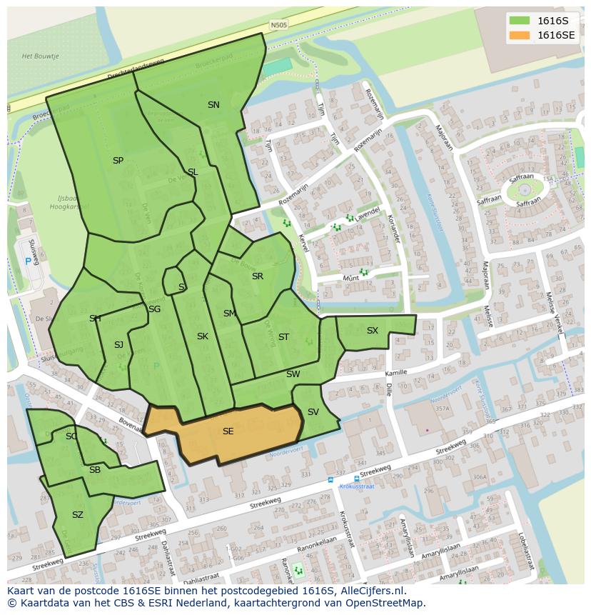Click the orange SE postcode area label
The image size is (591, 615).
point(228,431)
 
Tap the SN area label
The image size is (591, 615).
point(213,104)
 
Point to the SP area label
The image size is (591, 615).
point(118,161)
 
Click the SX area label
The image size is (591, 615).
point(372,331)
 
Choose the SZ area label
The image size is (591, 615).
point(78,514)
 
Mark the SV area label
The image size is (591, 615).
point(313,412)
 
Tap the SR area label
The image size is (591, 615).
point(257,276)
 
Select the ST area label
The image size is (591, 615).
point(283,337)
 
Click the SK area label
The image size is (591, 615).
point(202,336)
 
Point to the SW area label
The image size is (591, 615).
point(293,374)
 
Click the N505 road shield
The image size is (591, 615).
point(278,25)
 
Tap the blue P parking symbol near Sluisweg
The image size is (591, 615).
point(29,261)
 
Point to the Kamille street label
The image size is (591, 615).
point(395,373)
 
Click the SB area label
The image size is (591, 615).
point(95,469)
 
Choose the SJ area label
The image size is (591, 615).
point(118,345)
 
